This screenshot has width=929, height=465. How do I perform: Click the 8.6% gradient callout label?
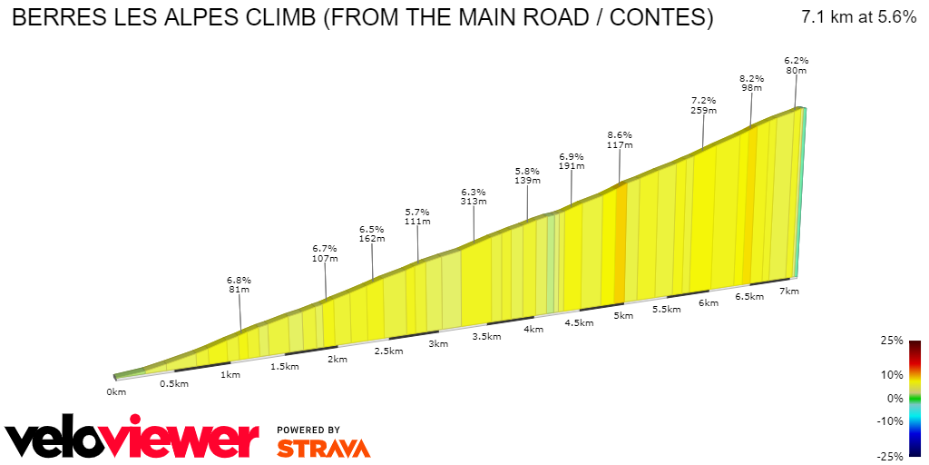[x=620, y=134]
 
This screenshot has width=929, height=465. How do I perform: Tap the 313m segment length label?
[x=474, y=202]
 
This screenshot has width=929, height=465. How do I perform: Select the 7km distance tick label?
[x=789, y=291]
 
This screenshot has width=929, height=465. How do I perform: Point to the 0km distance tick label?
[x=115, y=391]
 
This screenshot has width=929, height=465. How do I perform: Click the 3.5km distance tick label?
[x=486, y=336]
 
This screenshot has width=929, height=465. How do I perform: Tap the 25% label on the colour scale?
[x=891, y=341]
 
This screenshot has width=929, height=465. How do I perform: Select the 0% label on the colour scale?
[x=895, y=398]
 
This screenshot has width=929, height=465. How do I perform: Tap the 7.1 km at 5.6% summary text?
[x=858, y=17]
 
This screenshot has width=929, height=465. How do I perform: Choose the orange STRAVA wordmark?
[x=323, y=448]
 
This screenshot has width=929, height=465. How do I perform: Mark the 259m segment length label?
[x=704, y=111]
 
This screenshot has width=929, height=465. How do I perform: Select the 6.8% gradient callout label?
[x=239, y=280]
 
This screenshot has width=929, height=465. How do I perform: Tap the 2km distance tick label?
[x=337, y=359]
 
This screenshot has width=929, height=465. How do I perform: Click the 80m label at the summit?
[x=797, y=70]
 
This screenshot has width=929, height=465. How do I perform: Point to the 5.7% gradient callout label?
[x=418, y=211]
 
